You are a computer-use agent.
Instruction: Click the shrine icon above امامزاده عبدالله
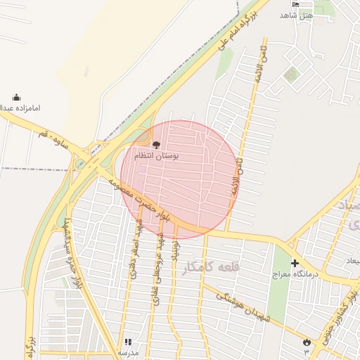point(17,98)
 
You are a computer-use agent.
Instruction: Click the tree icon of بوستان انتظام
point(156,144)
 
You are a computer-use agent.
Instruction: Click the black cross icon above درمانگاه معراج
point(295,263)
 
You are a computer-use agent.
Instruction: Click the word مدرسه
point(127,352)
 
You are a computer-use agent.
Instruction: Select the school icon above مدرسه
point(128,342)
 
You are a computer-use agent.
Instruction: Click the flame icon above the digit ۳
point(306,341)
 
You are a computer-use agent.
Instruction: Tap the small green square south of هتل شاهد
point(290,73)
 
